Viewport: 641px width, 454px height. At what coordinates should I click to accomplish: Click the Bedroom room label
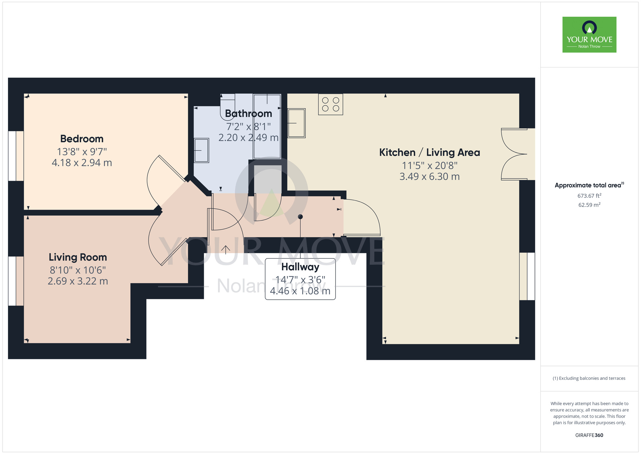click(x=82, y=139)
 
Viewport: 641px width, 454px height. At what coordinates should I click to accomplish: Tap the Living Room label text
click(x=78, y=257)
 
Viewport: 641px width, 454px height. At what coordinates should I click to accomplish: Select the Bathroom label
click(x=248, y=113)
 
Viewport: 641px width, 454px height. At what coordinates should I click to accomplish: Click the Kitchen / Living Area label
click(x=429, y=153)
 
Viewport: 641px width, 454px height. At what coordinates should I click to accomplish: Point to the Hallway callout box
click(x=300, y=279)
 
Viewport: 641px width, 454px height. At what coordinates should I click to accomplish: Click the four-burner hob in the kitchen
click(x=330, y=104)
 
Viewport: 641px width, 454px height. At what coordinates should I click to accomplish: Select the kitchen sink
click(x=296, y=123)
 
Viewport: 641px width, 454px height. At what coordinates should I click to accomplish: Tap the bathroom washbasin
click(x=201, y=150)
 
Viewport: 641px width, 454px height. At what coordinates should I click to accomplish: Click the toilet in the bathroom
click(x=228, y=107)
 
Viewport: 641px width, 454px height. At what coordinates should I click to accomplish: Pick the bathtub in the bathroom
click(x=267, y=126)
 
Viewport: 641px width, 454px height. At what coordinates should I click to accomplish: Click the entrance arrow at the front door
click(x=226, y=249)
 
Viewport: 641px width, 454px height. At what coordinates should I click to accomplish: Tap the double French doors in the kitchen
click(x=514, y=154)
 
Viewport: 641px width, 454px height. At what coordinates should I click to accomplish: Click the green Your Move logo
click(x=589, y=35)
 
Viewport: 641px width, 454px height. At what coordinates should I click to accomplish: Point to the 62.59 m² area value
click(x=589, y=205)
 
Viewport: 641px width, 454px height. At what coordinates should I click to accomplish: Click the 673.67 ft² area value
click(x=589, y=196)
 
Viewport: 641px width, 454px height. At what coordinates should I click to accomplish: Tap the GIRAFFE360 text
click(x=589, y=435)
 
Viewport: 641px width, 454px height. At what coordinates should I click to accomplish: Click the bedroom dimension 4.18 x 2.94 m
click(x=82, y=163)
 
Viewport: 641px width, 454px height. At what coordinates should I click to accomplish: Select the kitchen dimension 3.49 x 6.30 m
click(x=429, y=177)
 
